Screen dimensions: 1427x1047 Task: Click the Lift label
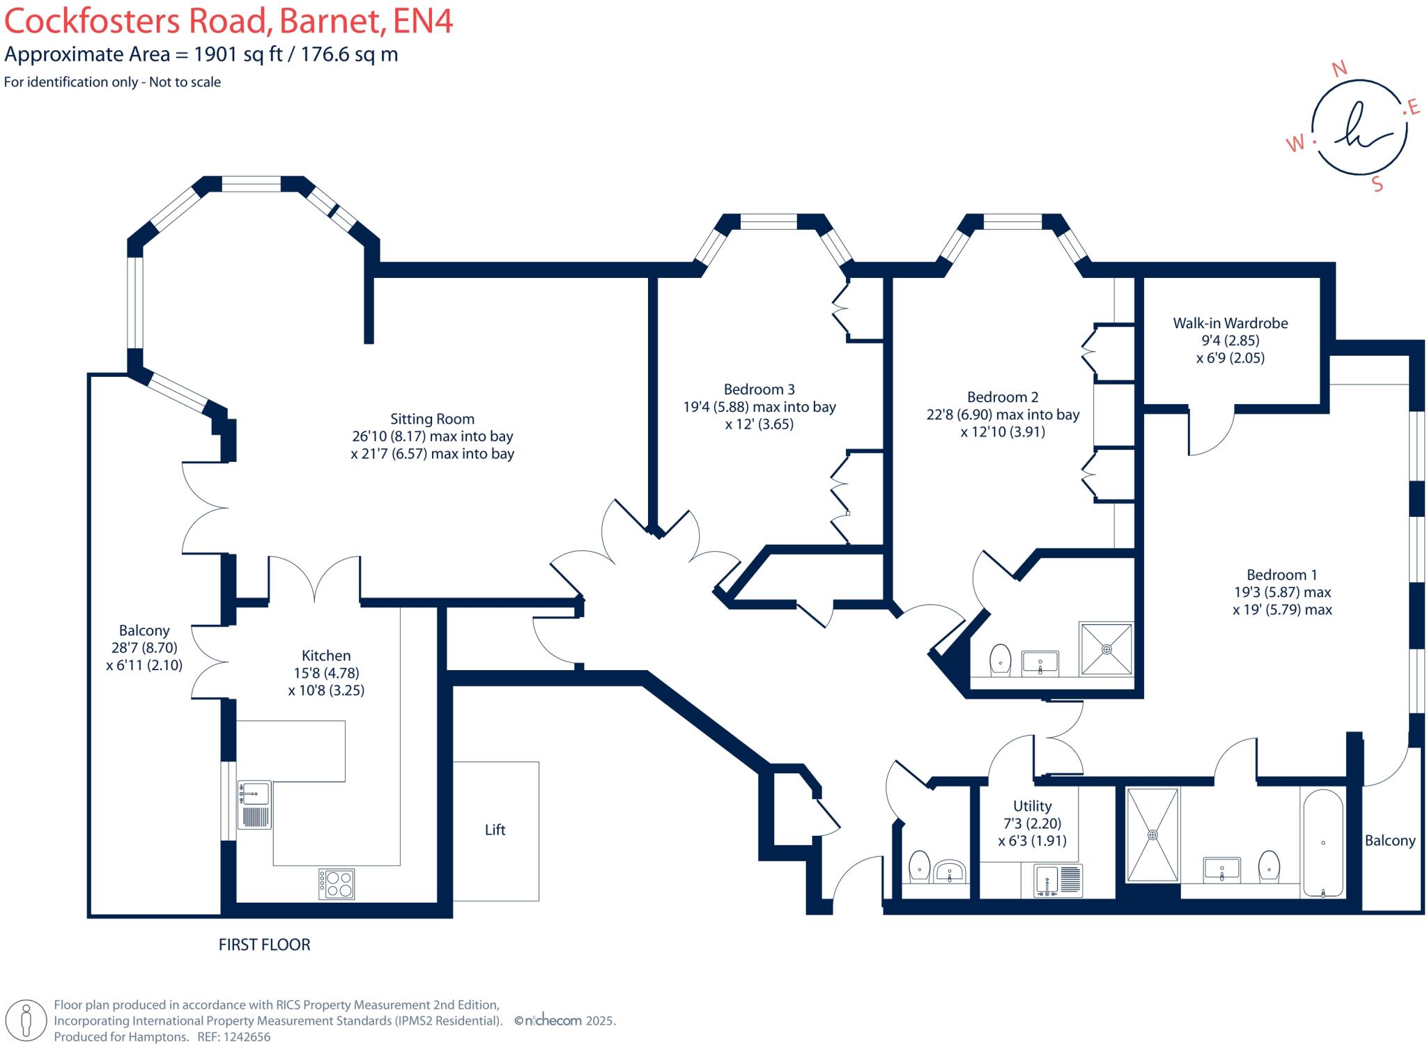click(495, 830)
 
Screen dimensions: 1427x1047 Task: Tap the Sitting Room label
click(432, 419)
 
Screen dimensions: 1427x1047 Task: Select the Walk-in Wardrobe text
click(1231, 323)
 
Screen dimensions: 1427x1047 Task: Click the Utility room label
click(1032, 806)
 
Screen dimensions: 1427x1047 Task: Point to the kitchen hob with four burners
click(337, 883)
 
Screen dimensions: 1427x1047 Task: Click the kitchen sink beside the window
click(254, 794)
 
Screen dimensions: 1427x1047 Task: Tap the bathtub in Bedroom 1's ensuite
click(1322, 843)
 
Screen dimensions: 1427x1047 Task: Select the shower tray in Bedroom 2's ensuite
click(1106, 649)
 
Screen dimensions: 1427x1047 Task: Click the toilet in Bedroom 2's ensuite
click(1000, 658)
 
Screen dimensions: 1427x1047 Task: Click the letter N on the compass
click(1339, 68)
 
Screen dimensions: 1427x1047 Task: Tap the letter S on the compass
click(1377, 184)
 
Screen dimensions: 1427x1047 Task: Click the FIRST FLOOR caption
click(264, 945)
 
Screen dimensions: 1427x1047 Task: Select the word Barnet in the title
click(331, 21)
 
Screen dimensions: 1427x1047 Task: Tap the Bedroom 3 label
click(759, 389)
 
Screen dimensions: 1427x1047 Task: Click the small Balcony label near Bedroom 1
click(1389, 841)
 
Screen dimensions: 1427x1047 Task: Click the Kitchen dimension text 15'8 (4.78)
click(326, 673)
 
